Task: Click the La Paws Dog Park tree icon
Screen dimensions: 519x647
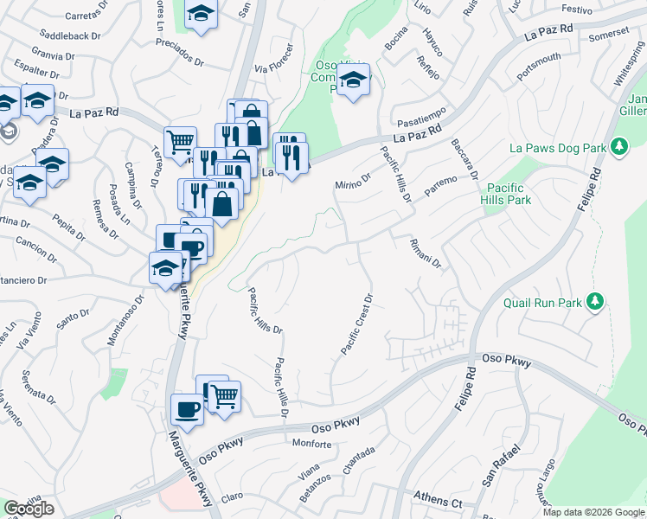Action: (x=618, y=148)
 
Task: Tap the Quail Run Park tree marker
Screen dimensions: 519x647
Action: (x=594, y=302)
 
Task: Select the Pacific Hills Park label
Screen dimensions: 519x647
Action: (x=509, y=193)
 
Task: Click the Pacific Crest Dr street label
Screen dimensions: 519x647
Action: (x=356, y=325)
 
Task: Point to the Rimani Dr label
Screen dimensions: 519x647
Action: (x=426, y=253)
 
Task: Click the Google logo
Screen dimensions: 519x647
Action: (x=29, y=509)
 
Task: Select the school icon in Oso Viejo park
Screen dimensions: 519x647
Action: (x=352, y=81)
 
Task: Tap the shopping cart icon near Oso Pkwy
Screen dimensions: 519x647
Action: (x=224, y=396)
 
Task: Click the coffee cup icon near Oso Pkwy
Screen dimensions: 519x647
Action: (x=187, y=408)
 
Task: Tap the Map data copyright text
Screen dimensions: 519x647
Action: (x=593, y=512)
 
